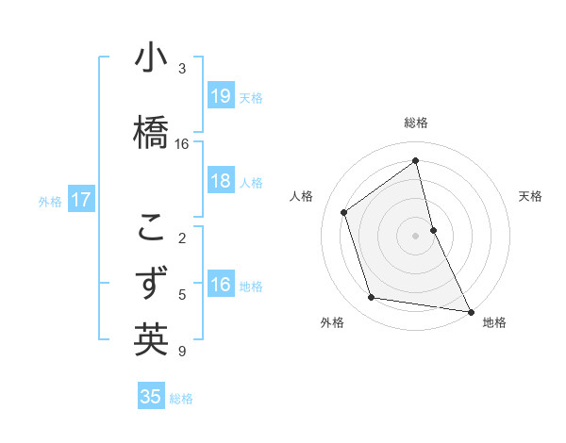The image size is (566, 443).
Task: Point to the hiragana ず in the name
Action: click(151, 283)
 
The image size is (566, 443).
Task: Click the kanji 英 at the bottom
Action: click(151, 339)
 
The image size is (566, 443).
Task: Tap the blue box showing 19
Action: click(220, 96)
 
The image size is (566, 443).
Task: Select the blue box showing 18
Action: click(220, 181)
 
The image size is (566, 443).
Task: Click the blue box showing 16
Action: click(220, 285)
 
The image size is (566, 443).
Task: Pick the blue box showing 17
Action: click(80, 200)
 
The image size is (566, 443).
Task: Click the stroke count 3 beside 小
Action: click(182, 68)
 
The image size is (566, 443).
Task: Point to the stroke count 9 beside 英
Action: click(182, 352)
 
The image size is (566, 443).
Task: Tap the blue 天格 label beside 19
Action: click(251, 97)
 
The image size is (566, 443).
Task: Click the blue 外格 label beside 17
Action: click(50, 201)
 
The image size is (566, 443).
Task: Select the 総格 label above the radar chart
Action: click(416, 123)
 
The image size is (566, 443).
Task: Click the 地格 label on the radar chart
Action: click(494, 323)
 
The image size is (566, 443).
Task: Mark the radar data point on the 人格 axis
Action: click(344, 212)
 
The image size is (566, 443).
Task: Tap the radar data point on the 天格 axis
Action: click(433, 229)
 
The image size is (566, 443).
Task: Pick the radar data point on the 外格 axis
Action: click(372, 298)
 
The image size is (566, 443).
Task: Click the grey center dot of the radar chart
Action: click(416, 235)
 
